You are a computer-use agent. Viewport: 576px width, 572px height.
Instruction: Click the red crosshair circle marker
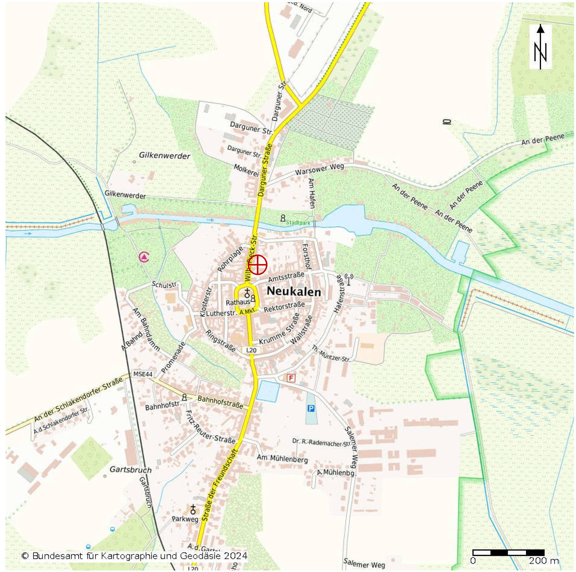[257, 265]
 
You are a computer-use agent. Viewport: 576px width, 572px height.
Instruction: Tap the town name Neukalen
[294, 291]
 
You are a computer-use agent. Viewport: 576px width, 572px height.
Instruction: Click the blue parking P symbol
[311, 408]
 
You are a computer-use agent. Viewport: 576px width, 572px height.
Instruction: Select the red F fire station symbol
[291, 378]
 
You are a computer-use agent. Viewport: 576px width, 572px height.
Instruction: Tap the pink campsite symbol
[144, 257]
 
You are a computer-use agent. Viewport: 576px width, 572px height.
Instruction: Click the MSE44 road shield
[143, 374]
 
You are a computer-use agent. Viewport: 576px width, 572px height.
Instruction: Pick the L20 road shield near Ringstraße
[251, 350]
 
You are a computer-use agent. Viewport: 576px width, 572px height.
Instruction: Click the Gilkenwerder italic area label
[165, 156]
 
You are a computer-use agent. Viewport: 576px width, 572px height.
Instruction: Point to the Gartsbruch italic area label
[130, 470]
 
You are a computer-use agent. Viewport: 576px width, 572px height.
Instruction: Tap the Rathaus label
[238, 302]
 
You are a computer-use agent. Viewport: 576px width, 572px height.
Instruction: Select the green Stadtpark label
[298, 222]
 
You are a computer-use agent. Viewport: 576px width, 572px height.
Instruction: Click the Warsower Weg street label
[319, 169]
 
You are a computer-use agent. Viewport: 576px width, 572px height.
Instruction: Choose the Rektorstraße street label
[284, 307]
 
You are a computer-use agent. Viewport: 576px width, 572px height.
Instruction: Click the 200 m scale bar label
[543, 561]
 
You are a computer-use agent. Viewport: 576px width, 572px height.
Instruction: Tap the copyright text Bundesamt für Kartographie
[134, 556]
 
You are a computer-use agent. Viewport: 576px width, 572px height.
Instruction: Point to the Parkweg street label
[185, 519]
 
